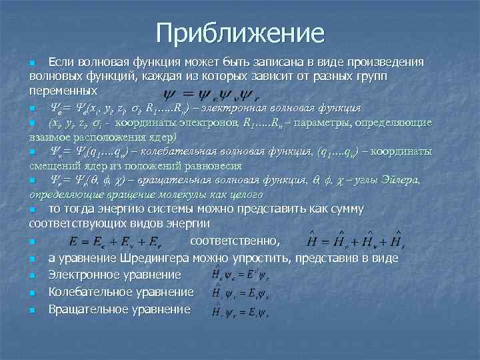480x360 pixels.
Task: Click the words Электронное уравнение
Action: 115,275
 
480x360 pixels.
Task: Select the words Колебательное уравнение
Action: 121,292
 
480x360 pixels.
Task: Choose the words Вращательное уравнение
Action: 119,309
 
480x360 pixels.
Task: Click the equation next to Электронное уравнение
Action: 240,274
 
